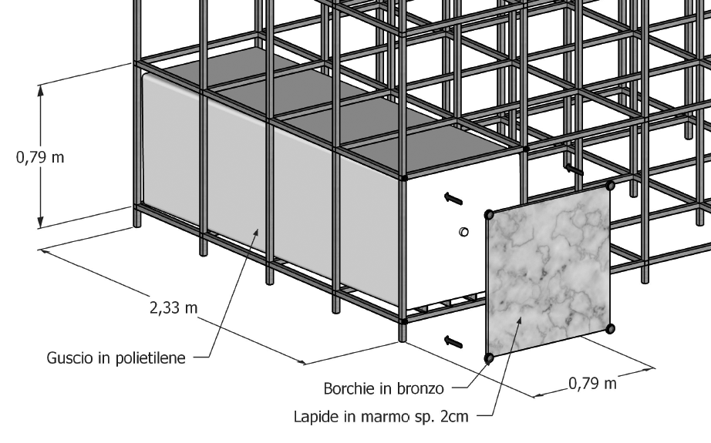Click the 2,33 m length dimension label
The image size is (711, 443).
[173, 308]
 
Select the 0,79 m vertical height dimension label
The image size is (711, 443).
[41, 158]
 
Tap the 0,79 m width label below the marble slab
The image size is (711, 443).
[592, 384]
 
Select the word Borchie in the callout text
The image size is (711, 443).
[348, 387]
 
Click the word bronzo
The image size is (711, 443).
[422, 387]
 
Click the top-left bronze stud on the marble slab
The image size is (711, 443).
[488, 214]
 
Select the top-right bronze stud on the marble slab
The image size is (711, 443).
[610, 185]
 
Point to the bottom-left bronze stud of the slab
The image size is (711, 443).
[487, 357]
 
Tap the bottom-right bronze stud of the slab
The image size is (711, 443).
[610, 329]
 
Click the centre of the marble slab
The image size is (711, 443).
[548, 271]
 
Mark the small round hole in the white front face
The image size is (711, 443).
[463, 231]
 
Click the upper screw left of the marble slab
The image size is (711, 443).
[453, 198]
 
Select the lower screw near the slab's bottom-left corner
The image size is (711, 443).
[453, 340]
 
